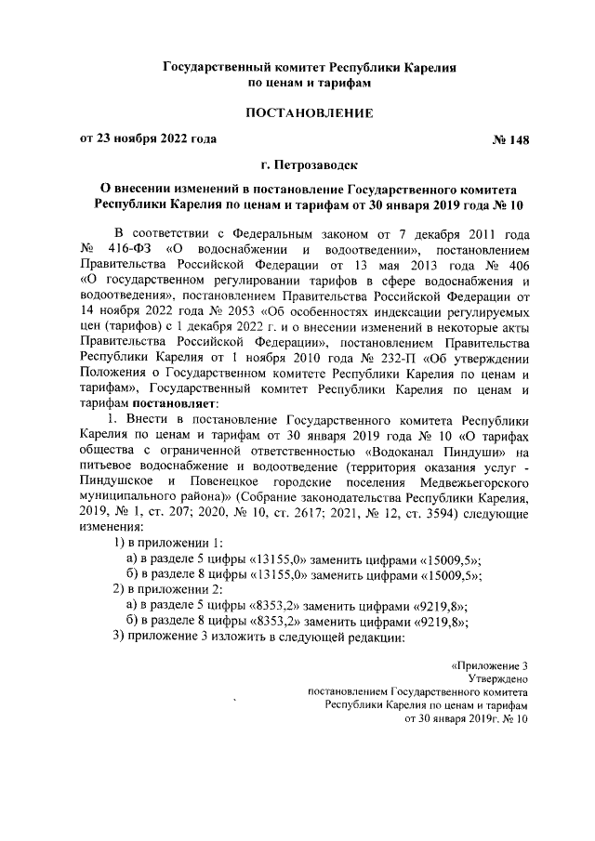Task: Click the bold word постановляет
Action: (175, 403)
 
